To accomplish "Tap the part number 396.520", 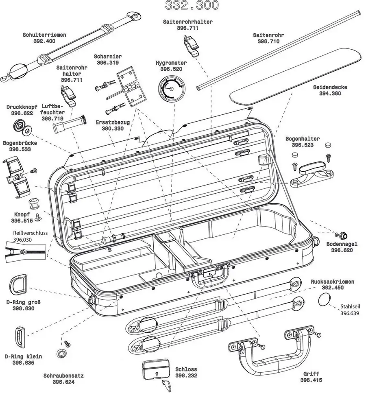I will [x=171, y=70].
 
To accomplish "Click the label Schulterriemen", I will [x=44, y=35].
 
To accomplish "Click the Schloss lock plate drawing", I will [x=156, y=369].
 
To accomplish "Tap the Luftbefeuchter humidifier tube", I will [x=68, y=123].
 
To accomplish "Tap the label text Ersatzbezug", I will [x=113, y=122].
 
